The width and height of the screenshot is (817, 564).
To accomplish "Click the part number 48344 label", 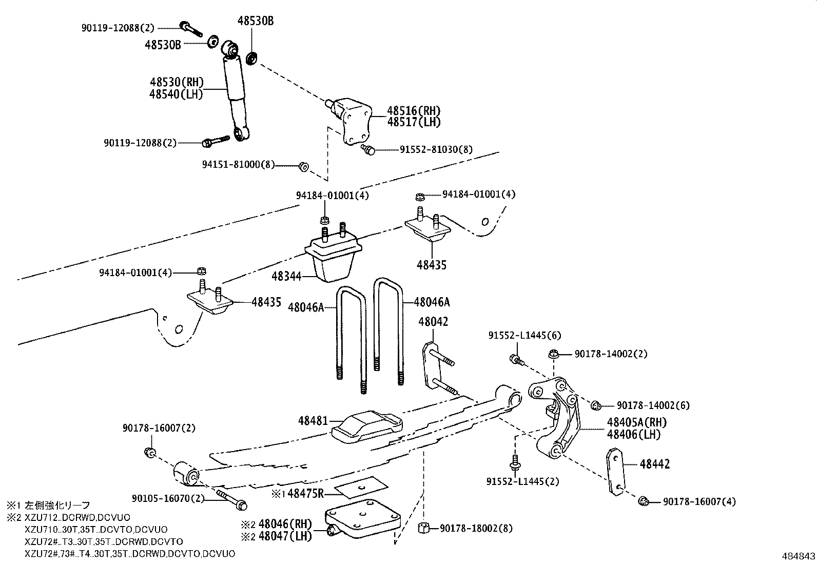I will (x=286, y=277).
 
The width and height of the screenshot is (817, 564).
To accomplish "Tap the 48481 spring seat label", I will (x=313, y=421).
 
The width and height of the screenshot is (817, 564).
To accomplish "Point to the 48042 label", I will (x=433, y=322).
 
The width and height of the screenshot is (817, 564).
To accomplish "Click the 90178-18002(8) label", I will (x=476, y=528).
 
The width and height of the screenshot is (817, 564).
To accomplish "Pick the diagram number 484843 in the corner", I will (x=798, y=556).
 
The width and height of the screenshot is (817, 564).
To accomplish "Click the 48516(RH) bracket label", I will (x=414, y=110).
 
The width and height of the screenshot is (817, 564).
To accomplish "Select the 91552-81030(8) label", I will (x=436, y=149).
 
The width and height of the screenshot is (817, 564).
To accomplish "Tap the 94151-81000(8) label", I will (x=239, y=165).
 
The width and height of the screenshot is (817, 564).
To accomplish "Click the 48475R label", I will (x=306, y=494).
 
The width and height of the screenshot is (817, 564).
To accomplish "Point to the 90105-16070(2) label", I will (x=168, y=498).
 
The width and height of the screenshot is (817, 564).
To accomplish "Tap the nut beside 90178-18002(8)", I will (x=424, y=528).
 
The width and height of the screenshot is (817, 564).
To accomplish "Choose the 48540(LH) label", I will (x=176, y=94).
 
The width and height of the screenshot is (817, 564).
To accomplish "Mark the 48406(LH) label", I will (x=634, y=434).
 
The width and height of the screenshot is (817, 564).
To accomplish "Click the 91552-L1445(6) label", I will (x=524, y=335).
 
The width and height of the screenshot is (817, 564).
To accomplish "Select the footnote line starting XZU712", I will (x=77, y=517).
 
